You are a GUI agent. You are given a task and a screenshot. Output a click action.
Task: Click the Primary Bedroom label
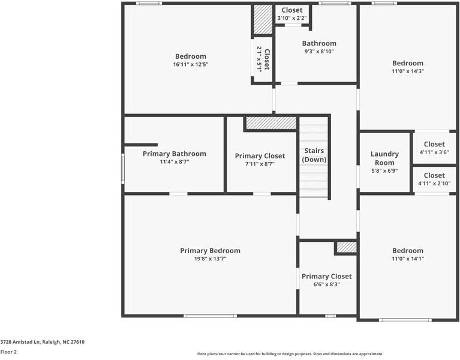coord(210,251)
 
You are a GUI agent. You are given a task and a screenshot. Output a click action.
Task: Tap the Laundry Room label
coord(384,158)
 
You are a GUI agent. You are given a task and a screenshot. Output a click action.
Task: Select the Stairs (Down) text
coord(314,155)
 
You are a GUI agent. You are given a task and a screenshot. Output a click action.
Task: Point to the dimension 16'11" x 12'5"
coord(190,64)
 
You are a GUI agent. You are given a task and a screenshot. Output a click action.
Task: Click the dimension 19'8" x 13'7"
coord(210,259)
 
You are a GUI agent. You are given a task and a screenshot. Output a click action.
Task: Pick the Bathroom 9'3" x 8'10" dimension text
coord(318,52)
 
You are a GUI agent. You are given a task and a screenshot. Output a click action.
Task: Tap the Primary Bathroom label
coord(174,154)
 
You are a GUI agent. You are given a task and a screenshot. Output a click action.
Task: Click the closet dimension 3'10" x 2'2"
coord(292,19)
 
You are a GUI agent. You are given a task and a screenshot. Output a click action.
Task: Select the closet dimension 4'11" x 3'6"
coord(434,152)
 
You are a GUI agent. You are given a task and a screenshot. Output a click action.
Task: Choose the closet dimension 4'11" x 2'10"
coord(434,184)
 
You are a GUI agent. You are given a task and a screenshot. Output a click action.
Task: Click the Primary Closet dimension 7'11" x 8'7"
coord(260,164)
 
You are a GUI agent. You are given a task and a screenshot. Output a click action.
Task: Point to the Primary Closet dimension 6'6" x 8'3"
coord(326,284)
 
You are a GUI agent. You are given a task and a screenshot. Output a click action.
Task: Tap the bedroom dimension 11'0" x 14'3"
coord(407,71)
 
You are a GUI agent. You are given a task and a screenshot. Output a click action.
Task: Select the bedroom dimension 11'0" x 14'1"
coord(407,259)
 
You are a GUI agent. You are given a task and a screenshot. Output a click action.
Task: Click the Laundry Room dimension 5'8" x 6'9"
coord(384,171)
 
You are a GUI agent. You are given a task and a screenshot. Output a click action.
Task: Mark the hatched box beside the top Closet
coord(262,20)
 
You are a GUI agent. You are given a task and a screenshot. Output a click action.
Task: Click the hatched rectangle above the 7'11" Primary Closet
coord(271,123)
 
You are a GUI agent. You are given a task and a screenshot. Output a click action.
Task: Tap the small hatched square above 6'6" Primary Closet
coord(346,247)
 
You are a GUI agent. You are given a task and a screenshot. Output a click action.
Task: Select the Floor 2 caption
coord(8,352)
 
